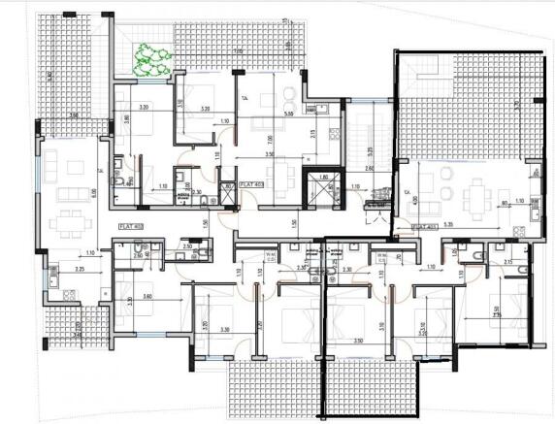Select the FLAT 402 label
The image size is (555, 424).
tap(132, 225)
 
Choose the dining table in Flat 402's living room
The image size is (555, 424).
tap(68, 220)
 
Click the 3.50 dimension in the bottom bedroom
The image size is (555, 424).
tap(359, 341)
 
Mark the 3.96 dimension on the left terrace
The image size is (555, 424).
tap(74, 115)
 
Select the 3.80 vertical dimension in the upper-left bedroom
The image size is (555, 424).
tap(127, 123)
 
